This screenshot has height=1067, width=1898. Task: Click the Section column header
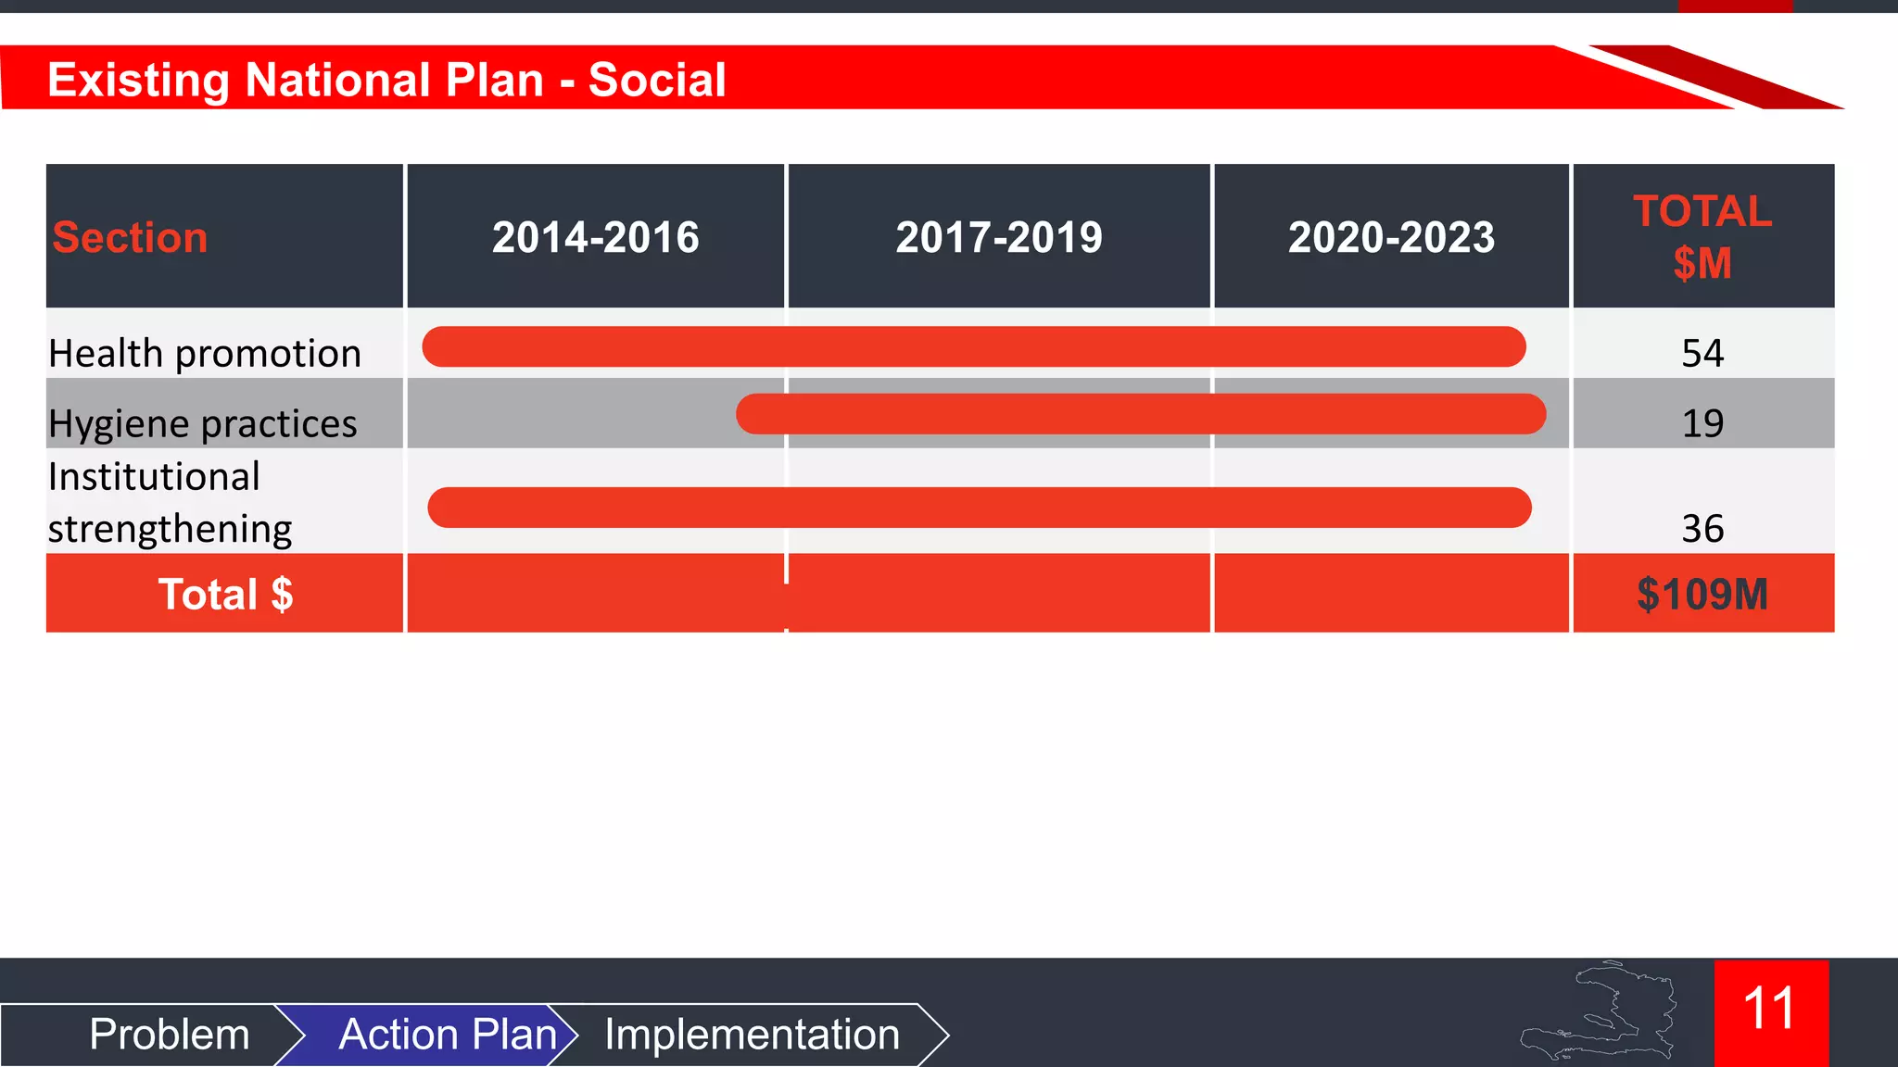click(130, 237)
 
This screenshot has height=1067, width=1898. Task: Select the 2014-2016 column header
click(595, 237)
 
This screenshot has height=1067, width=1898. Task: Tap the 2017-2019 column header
click(999, 237)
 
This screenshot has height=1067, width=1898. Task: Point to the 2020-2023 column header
click(1391, 237)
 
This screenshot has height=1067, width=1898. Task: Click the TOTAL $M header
click(1702, 237)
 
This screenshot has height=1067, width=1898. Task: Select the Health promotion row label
click(205, 353)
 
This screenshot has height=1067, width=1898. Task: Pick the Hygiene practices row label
click(202, 423)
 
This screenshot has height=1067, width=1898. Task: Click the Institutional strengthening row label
click(170, 502)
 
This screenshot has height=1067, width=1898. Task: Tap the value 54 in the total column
click(1702, 353)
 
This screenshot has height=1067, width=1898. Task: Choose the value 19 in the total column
click(1702, 423)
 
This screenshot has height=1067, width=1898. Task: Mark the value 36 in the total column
click(1702, 529)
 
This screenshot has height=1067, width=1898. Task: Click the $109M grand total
click(1702, 594)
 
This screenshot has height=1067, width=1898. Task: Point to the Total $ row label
click(225, 594)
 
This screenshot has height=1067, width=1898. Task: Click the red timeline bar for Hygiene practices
click(1140, 414)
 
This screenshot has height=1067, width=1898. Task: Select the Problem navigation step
click(170, 1034)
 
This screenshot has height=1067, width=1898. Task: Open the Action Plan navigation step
click(448, 1034)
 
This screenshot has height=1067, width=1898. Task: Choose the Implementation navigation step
click(752, 1034)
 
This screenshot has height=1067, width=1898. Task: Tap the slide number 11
click(1769, 1009)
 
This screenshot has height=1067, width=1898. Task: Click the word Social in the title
click(657, 80)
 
